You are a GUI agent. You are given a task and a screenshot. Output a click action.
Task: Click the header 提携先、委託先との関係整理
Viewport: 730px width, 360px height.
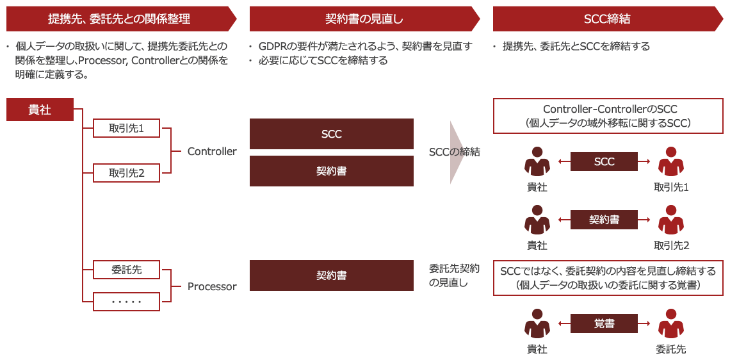coord(121,19)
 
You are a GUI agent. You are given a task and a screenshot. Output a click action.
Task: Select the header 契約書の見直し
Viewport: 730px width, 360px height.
coord(364,19)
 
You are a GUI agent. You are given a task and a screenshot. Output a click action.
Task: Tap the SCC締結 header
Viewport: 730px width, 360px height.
coord(607,19)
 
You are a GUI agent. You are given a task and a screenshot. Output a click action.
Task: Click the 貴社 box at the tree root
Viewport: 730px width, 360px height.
coord(39,110)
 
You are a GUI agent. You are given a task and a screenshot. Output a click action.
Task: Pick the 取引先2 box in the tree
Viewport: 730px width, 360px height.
coord(123,173)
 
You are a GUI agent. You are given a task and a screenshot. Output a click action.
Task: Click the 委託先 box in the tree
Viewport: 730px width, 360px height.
coord(123,270)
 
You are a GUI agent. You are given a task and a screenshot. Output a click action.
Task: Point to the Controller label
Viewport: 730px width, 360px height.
coord(211,151)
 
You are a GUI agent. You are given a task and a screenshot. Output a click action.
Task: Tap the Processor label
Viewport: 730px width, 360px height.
coord(211,286)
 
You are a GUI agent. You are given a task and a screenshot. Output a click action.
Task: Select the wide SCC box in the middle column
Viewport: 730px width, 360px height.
coord(331,134)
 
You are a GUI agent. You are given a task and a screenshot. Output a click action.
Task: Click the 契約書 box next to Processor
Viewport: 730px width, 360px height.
coord(331,275)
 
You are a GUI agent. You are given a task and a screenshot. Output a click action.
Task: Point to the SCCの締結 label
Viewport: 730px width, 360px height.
coord(454,151)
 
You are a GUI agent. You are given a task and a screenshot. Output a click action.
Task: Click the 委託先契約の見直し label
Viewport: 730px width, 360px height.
coord(454,274)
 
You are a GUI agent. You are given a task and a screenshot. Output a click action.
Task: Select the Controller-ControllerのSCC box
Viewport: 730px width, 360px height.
coord(604,116)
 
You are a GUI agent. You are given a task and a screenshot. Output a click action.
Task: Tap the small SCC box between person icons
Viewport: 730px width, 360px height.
coord(604,161)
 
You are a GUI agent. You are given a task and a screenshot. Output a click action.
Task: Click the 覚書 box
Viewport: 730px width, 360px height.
coord(604,323)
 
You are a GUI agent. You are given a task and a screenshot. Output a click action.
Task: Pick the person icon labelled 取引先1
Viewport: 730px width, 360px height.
coord(670,161)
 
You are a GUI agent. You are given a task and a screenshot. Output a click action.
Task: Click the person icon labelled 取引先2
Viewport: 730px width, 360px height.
coord(670,220)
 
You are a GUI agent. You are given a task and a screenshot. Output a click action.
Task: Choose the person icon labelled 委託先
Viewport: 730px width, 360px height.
coord(670,323)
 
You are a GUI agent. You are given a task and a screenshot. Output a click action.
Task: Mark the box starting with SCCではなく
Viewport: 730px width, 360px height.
coord(604,278)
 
